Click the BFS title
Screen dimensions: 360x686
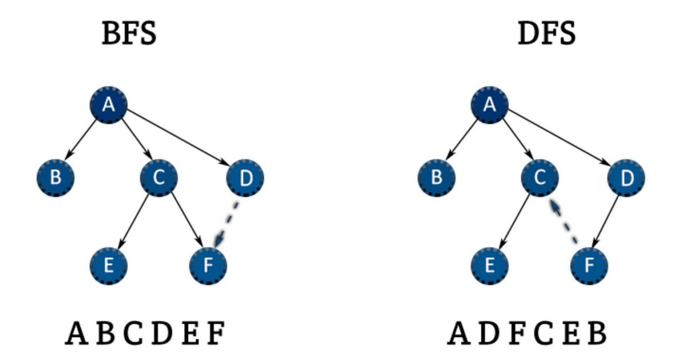129,34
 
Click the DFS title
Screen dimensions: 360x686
547,34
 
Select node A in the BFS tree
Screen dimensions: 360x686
109,105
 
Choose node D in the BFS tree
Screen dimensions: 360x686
245,178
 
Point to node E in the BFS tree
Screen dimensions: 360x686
109,266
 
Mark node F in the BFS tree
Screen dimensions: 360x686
208,266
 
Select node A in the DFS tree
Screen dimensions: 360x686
489,105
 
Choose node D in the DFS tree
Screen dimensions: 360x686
627,178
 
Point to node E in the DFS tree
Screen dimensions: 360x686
489,266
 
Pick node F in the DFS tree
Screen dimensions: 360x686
589,266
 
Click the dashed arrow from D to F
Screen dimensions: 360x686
227,223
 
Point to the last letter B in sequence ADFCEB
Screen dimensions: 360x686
596,334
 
